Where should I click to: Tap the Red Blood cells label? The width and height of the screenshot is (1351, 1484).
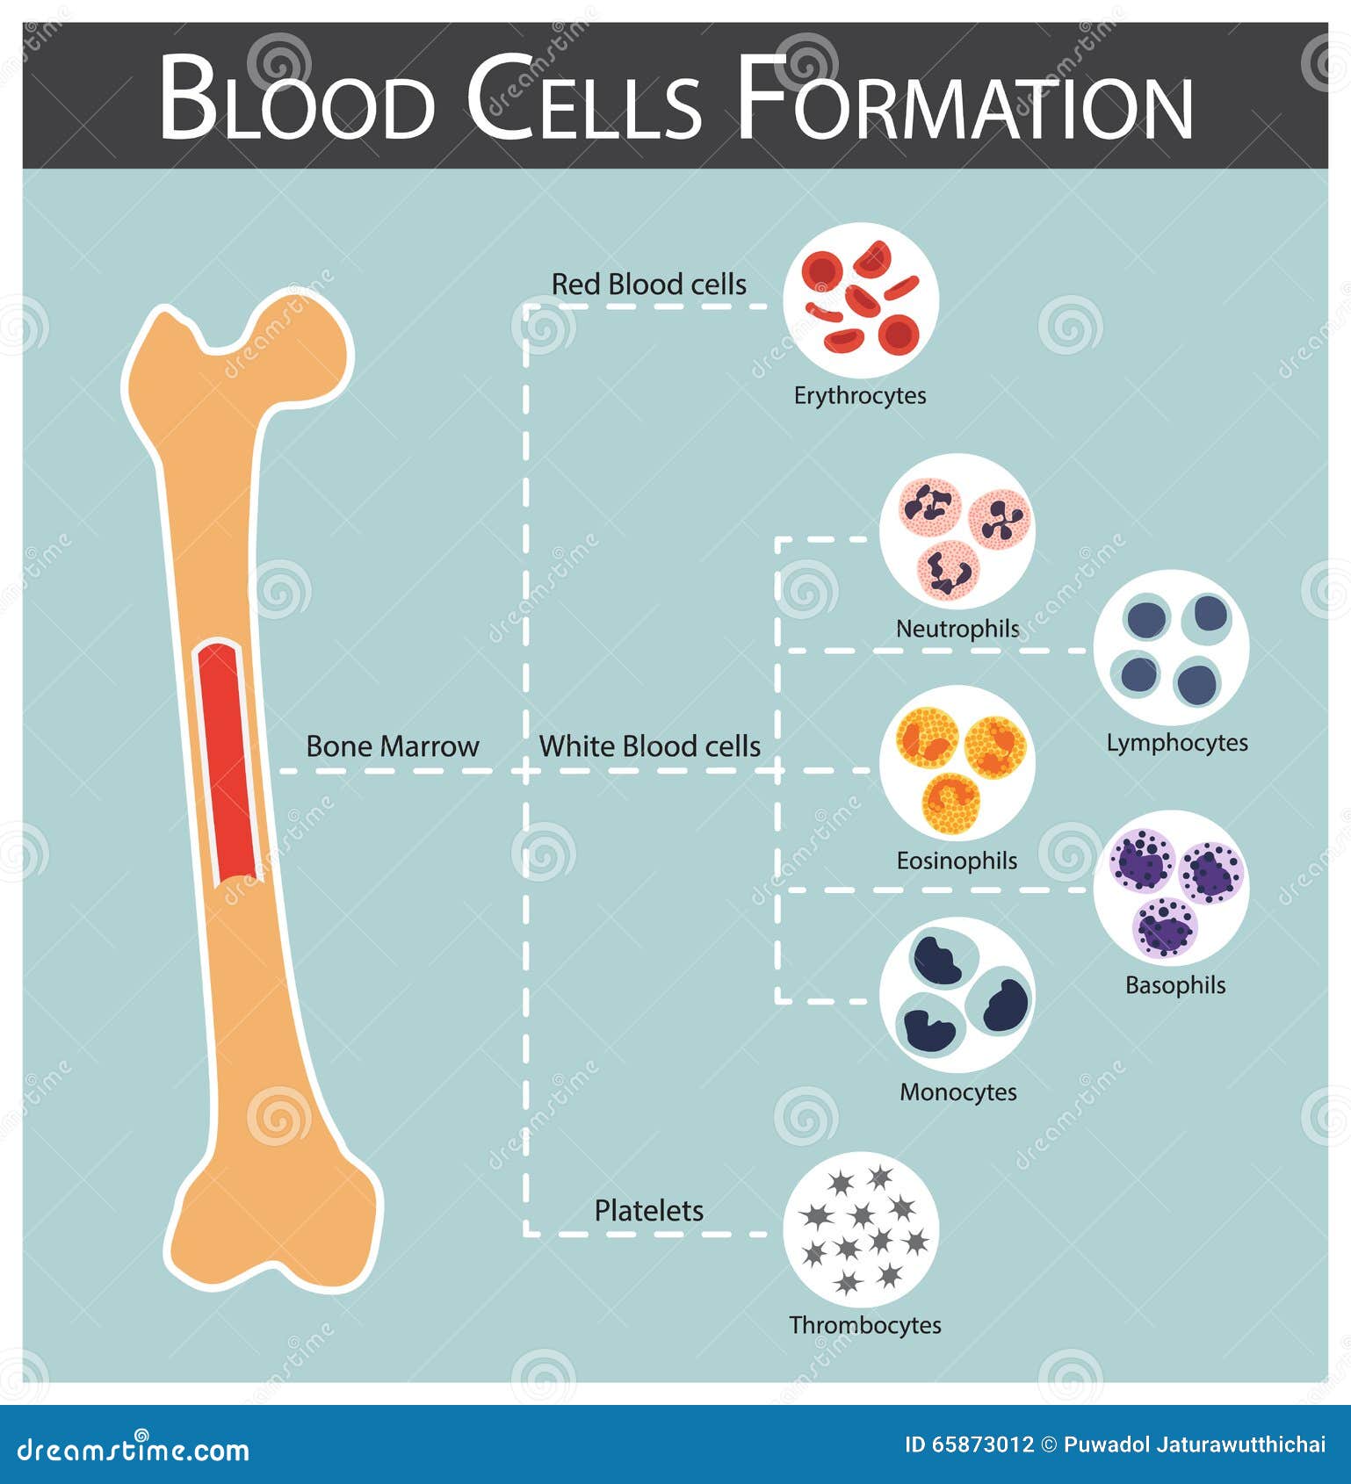(x=648, y=285)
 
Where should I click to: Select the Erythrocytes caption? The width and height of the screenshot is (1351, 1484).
(x=860, y=396)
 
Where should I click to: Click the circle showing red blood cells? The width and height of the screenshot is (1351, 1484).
(x=861, y=300)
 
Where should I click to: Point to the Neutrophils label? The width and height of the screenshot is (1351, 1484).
(x=957, y=629)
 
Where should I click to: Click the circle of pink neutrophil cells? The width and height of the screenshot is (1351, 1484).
(x=957, y=531)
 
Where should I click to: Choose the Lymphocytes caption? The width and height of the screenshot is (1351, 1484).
(x=1176, y=743)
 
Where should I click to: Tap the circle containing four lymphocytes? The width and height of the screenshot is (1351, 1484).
(x=1172, y=647)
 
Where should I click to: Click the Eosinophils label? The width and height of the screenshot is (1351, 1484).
(x=957, y=861)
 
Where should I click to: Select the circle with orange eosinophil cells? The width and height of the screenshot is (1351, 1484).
(x=957, y=763)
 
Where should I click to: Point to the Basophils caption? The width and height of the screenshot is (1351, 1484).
(x=1174, y=985)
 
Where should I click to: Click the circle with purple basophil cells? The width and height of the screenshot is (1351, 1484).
(x=1172, y=887)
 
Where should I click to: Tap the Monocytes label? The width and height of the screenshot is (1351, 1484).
(x=957, y=1092)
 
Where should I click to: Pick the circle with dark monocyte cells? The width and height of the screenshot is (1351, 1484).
(x=957, y=995)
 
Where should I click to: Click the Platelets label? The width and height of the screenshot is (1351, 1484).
(x=648, y=1211)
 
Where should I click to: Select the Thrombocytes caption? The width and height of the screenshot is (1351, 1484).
(x=864, y=1325)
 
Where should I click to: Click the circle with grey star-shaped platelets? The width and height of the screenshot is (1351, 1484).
(x=861, y=1229)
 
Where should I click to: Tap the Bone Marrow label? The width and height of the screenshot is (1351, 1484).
(x=392, y=746)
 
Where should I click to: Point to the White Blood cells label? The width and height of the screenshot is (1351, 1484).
(x=649, y=746)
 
